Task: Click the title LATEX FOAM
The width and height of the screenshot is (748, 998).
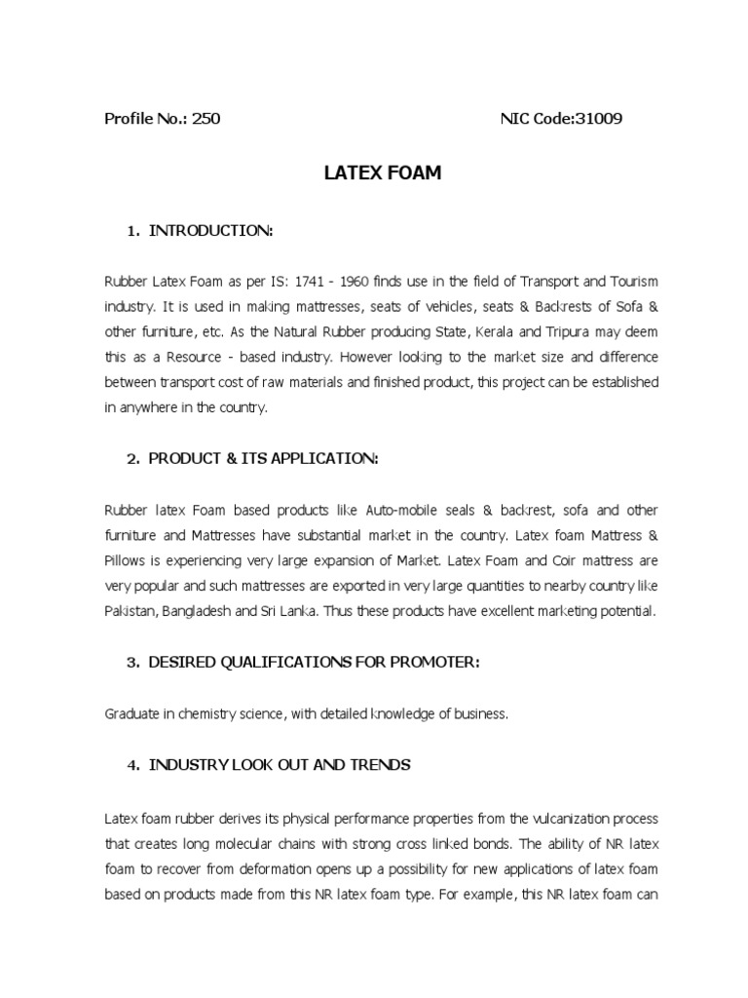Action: click(x=382, y=173)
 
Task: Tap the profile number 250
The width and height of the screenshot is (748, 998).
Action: click(x=206, y=119)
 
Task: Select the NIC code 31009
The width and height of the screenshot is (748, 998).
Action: click(x=599, y=119)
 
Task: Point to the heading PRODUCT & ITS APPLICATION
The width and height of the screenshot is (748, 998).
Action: click(x=262, y=459)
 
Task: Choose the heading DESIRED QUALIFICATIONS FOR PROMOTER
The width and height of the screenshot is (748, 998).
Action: click(x=314, y=663)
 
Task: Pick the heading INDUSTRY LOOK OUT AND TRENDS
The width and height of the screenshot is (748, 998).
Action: click(x=279, y=765)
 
